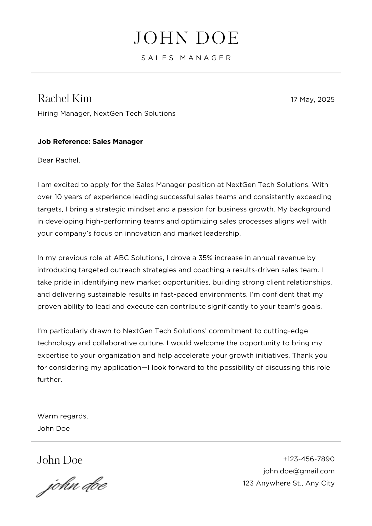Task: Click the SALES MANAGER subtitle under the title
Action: click(186, 58)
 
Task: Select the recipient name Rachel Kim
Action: click(65, 98)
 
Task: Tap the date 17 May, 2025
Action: click(313, 99)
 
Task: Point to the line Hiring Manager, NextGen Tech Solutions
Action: click(106, 113)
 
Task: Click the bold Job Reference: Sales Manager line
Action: click(90, 141)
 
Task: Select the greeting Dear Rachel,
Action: click(58, 160)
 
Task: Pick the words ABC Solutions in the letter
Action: click(139, 258)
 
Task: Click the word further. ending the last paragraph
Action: click(50, 380)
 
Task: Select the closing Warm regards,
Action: click(63, 416)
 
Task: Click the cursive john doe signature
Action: click(72, 486)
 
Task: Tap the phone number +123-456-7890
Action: click(309, 459)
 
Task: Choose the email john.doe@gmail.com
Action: click(299, 471)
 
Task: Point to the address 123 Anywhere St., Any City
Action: click(289, 483)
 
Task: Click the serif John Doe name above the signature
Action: click(60, 460)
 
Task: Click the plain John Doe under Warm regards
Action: click(53, 428)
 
